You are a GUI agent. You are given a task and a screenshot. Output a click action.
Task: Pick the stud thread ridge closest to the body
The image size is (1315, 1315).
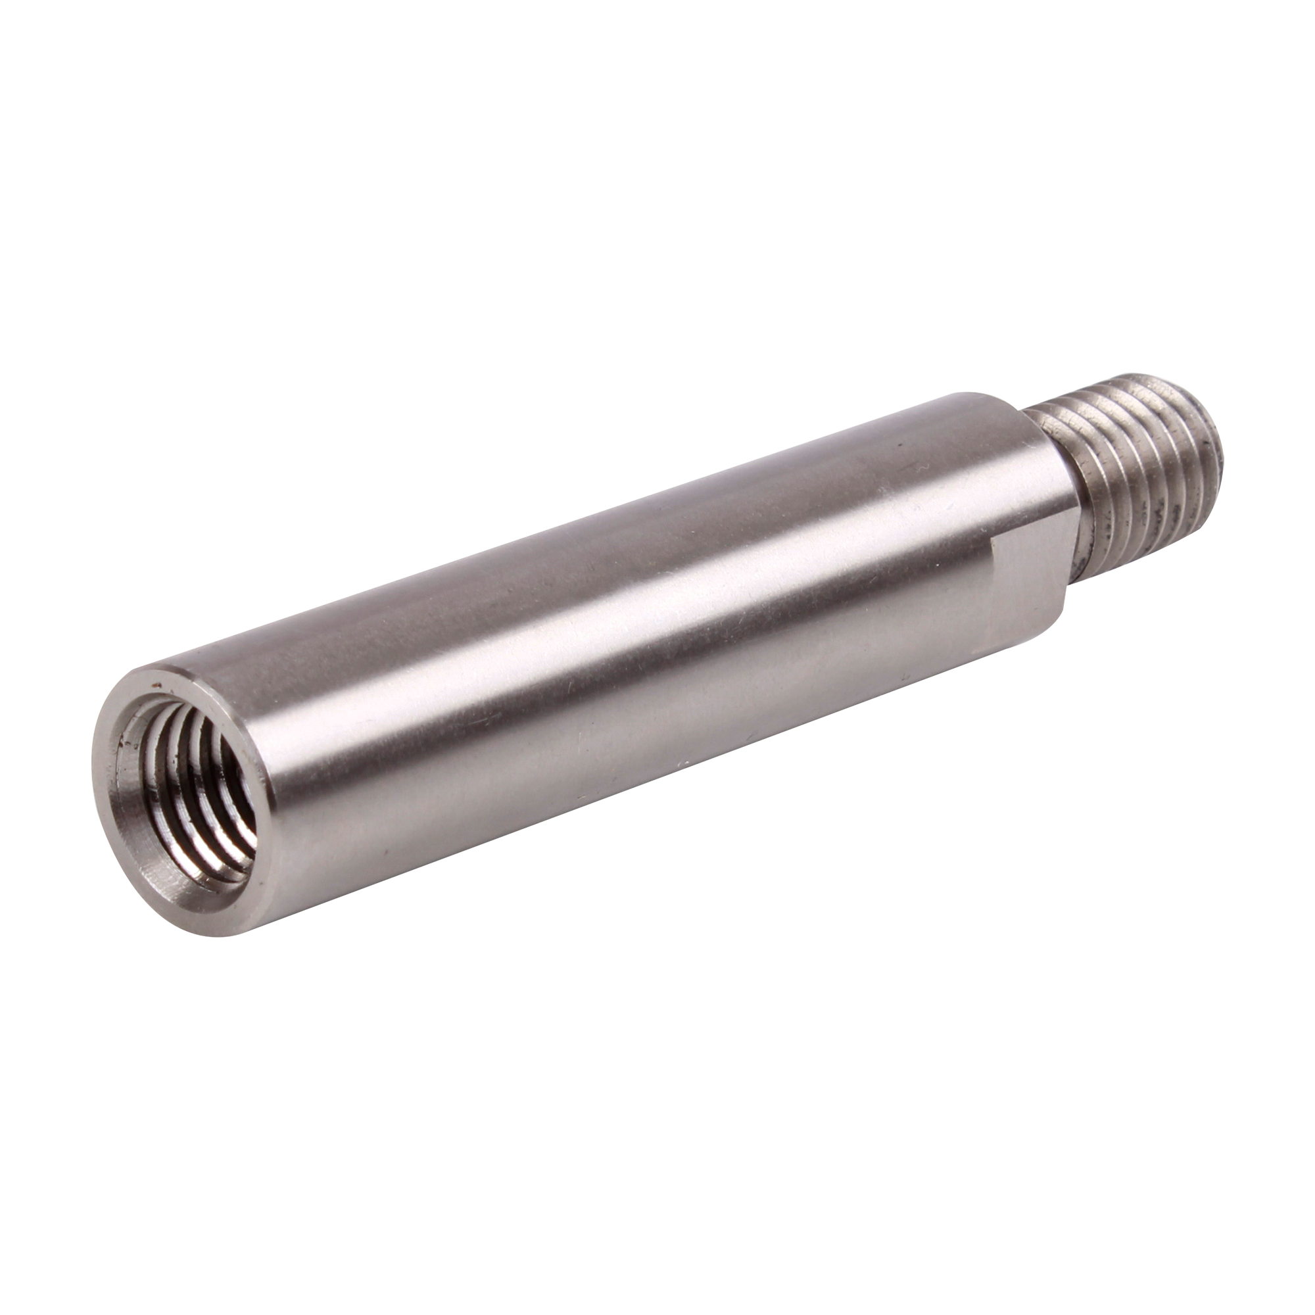tap(1048, 477)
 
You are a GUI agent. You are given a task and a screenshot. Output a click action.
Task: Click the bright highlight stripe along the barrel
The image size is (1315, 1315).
tap(613, 613)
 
